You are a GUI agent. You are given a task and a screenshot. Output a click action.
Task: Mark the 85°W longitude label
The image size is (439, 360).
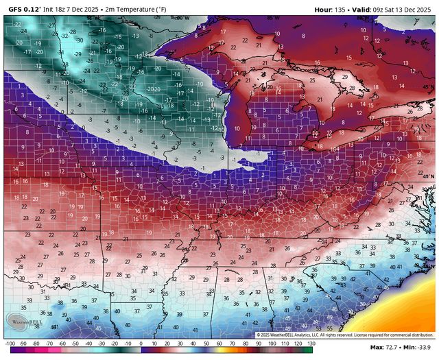[274, 18]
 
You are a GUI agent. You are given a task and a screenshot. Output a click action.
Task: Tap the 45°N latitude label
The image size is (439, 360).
[428, 87]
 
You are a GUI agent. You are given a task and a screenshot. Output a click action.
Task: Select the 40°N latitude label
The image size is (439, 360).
[428, 177]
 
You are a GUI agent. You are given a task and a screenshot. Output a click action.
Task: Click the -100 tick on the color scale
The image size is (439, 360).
[10, 343]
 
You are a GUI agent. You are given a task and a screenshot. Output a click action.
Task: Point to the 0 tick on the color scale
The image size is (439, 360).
[141, 343]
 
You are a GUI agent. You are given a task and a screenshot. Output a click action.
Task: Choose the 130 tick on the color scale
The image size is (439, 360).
[311, 343]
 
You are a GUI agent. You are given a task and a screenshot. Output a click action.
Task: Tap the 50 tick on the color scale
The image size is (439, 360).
[206, 343]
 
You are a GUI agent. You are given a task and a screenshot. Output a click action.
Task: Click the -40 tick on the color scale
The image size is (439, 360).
[88, 343]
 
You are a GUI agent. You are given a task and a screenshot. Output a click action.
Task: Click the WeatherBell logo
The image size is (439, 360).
[22, 321]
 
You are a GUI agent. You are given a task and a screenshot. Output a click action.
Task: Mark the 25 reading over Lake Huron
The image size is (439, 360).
[312, 80]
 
